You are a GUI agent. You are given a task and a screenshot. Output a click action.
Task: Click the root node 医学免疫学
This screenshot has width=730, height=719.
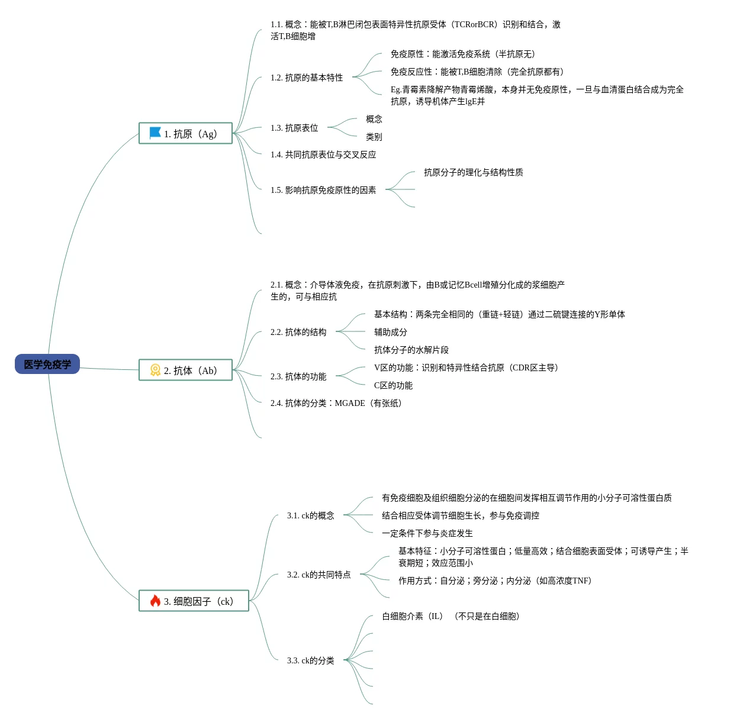(x=47, y=365)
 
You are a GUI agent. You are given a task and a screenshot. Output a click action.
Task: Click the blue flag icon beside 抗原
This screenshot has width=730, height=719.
(x=155, y=133)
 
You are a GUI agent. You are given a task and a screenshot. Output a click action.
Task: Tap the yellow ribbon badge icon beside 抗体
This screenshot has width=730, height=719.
(x=155, y=370)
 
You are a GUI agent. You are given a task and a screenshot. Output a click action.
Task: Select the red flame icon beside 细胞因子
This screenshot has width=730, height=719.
(x=155, y=601)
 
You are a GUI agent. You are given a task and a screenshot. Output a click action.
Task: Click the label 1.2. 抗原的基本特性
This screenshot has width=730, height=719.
(x=307, y=78)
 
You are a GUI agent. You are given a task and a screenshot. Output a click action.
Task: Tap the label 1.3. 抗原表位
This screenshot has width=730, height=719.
(x=294, y=128)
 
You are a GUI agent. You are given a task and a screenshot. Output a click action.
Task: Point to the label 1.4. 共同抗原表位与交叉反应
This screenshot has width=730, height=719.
(x=323, y=154)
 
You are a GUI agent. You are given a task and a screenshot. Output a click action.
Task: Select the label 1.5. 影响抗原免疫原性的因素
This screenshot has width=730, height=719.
(x=323, y=190)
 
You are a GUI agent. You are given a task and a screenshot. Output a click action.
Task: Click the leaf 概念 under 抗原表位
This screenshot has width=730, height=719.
(x=374, y=119)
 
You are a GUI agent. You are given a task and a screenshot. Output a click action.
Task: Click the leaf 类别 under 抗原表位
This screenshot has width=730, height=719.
(x=374, y=137)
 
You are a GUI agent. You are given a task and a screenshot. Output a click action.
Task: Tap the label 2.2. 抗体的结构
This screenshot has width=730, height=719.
(x=298, y=332)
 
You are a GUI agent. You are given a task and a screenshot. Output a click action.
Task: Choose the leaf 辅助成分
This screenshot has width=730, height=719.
(x=391, y=332)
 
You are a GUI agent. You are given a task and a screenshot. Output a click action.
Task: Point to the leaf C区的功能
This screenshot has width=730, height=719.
(x=393, y=385)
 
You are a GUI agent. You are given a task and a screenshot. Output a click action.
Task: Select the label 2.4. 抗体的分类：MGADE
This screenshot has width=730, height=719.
(x=336, y=403)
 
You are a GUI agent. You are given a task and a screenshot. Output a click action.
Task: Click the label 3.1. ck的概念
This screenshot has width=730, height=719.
(x=311, y=515)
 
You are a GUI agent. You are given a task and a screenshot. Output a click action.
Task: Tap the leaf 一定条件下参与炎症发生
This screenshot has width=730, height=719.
(x=427, y=533)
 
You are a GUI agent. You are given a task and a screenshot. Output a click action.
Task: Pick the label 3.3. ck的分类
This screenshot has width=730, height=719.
(x=311, y=660)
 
